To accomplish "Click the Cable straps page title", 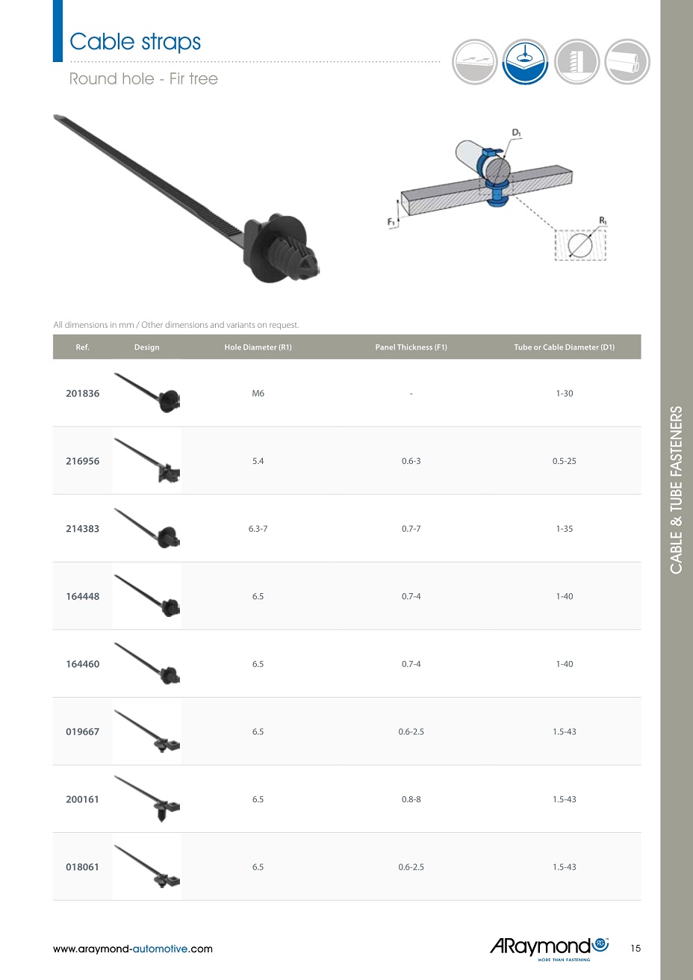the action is tap(134, 43).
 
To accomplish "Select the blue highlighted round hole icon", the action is tap(525, 62).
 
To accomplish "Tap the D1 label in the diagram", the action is tap(516, 132).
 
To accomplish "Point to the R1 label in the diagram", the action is tap(603, 220).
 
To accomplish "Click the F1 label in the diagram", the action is tap(391, 223).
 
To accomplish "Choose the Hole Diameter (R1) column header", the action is tap(258, 347).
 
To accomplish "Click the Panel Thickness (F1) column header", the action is tap(411, 347).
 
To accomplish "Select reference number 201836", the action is tap(82, 394).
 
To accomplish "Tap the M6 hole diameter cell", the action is tap(258, 394).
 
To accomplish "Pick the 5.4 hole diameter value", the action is tap(258, 461).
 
